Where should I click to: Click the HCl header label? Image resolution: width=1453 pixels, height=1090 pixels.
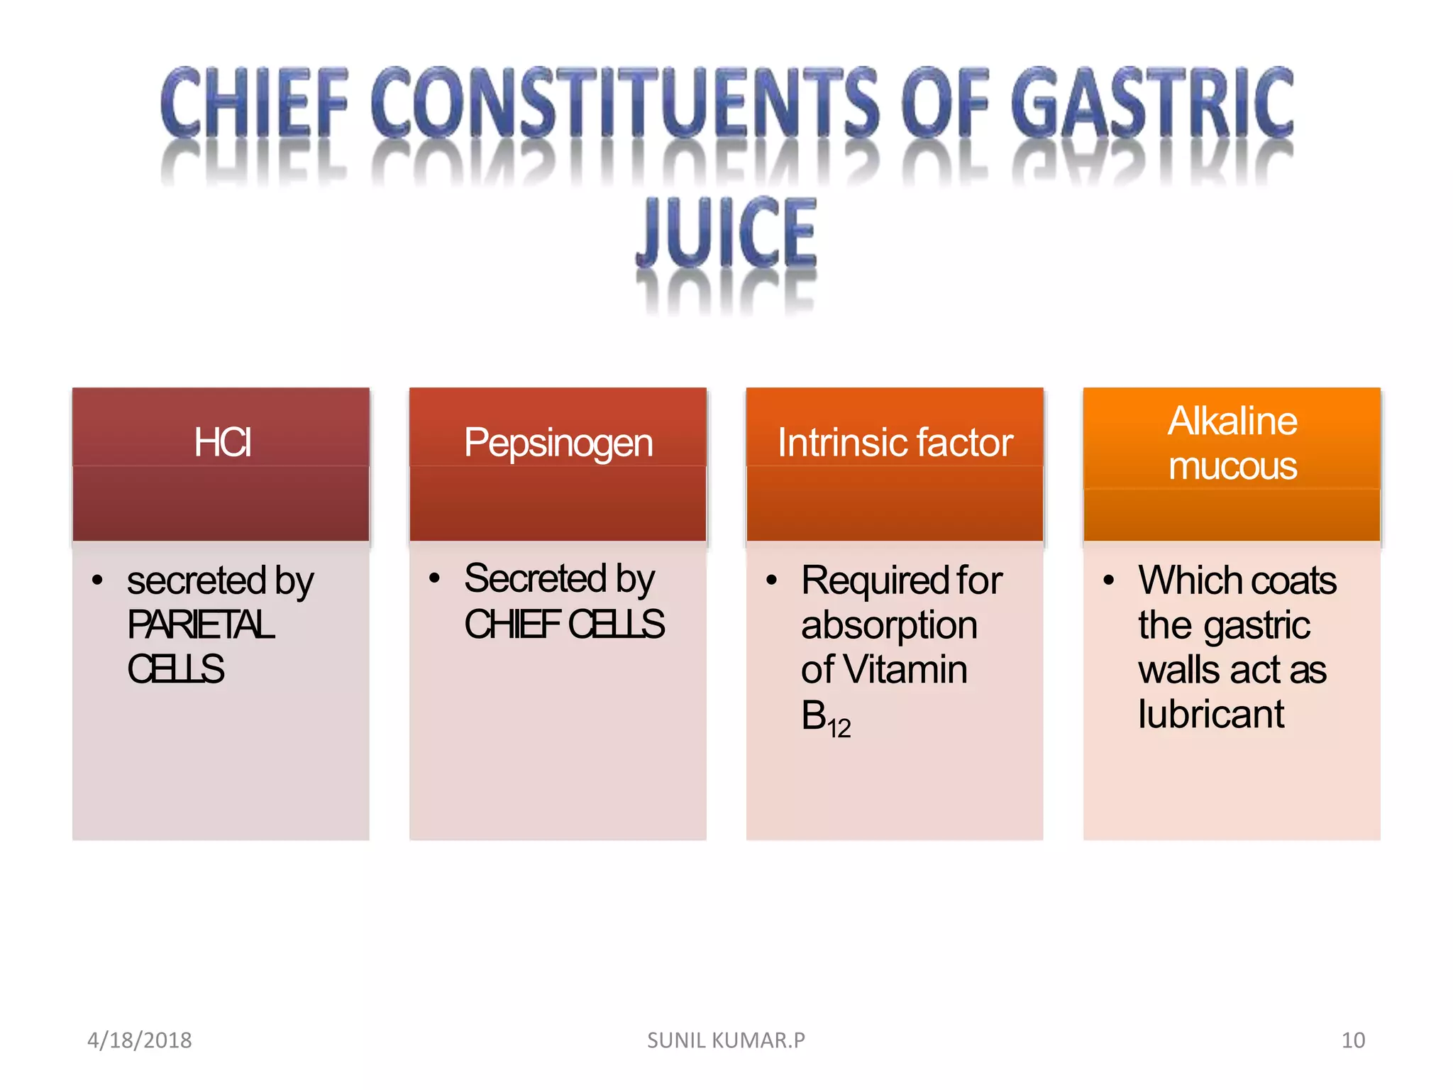(x=222, y=442)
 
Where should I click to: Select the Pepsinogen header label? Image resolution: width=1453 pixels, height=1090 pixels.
(x=558, y=444)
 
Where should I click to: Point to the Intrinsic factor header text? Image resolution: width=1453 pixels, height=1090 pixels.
(x=895, y=443)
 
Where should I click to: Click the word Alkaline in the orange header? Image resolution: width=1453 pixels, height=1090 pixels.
(x=1232, y=421)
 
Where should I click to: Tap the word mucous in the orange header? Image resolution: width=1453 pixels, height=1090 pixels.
(x=1232, y=466)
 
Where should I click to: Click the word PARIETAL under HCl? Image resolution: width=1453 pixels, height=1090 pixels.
(x=201, y=625)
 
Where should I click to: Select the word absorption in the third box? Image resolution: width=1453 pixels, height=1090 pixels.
(x=889, y=626)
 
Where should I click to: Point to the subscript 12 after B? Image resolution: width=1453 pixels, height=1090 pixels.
(x=839, y=729)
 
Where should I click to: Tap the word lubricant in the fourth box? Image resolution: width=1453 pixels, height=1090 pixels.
(x=1211, y=715)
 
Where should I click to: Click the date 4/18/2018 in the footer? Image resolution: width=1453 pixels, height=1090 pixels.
(x=139, y=1040)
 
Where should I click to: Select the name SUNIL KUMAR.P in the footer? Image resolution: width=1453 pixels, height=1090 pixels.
(x=726, y=1040)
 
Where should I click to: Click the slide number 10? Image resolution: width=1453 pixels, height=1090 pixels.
(x=1353, y=1040)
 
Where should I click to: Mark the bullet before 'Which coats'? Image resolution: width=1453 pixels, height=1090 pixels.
(x=1109, y=580)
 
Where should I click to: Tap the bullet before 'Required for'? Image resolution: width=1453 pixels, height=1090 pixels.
(x=772, y=580)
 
